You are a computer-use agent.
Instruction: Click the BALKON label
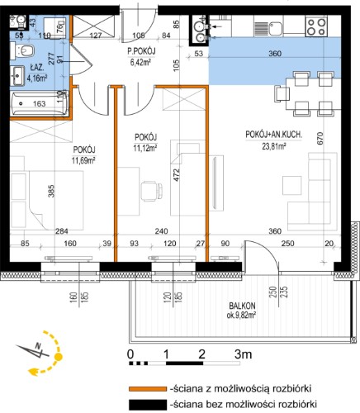(242, 306)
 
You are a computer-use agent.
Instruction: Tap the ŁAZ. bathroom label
(37, 68)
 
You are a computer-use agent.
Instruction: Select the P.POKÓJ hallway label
(141, 51)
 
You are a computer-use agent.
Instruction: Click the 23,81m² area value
(274, 146)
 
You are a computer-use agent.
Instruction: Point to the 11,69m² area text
(83, 160)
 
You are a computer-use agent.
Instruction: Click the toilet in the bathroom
(22, 51)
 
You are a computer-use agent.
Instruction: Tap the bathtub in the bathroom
(39, 103)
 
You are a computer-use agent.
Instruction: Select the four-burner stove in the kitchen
(316, 26)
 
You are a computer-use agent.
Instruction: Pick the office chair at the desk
(152, 191)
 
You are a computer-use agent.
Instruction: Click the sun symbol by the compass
(59, 357)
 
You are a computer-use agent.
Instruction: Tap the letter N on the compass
(38, 345)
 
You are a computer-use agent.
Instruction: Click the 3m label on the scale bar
(244, 354)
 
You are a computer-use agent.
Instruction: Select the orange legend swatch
(148, 389)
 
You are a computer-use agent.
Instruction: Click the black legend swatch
(148, 405)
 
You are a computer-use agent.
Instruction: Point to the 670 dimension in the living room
(320, 139)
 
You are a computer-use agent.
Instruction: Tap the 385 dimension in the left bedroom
(51, 191)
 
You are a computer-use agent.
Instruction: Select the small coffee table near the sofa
(291, 186)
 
